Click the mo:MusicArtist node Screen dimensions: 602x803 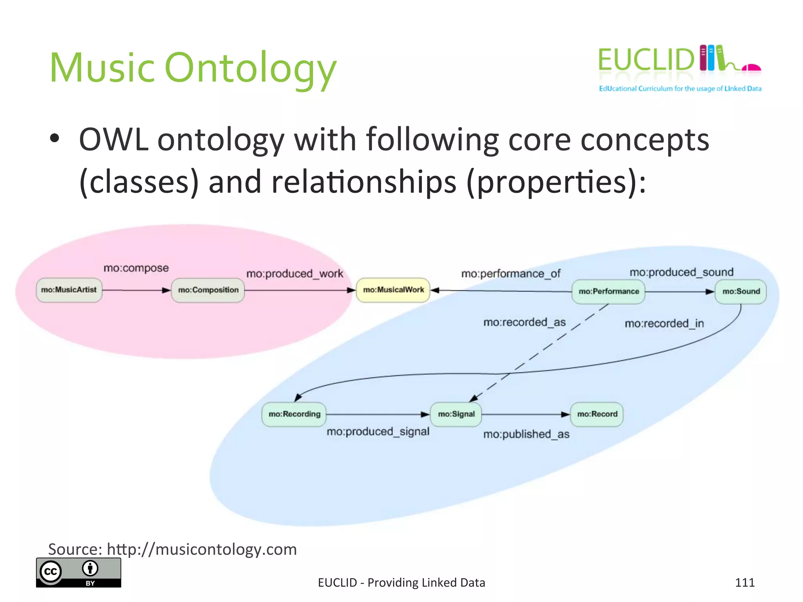click(69, 290)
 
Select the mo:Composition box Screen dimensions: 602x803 click(208, 290)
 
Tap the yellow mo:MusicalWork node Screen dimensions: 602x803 click(393, 290)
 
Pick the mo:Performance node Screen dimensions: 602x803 click(609, 292)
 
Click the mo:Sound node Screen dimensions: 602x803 click(741, 292)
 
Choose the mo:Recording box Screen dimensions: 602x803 click(294, 414)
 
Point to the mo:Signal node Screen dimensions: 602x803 click(456, 414)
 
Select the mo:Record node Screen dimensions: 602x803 click(597, 414)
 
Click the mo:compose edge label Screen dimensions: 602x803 click(136, 268)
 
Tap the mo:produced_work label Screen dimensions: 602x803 click(294, 274)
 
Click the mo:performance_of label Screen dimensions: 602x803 click(511, 274)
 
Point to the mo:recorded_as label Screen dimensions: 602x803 click(524, 323)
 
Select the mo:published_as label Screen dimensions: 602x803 click(526, 434)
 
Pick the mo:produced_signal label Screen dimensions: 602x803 click(378, 432)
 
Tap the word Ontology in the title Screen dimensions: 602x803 click(250, 69)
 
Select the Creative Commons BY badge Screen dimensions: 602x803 click(78, 573)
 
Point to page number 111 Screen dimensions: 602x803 click(745, 582)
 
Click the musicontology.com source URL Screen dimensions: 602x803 click(202, 549)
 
